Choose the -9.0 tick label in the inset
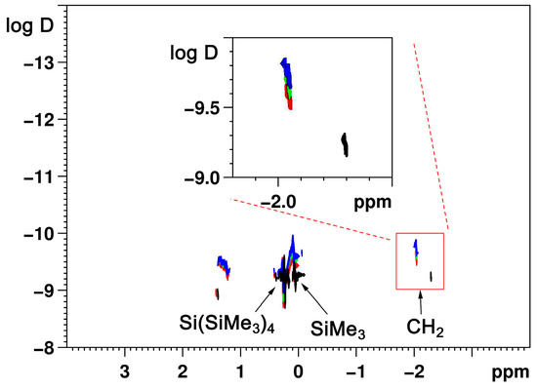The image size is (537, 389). point(195,177)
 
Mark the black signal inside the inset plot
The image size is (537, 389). point(345,144)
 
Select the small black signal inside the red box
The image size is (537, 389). point(431,277)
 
